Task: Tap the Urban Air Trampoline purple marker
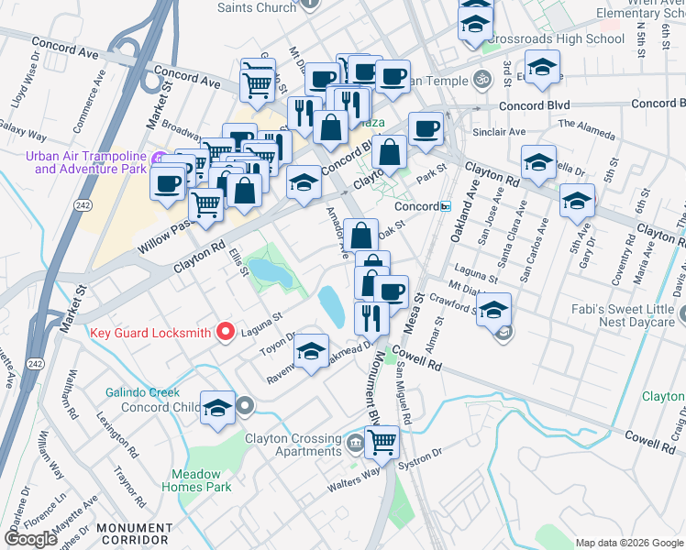tap(157, 158)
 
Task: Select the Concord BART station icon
tap(446, 206)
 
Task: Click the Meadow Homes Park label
tap(202, 480)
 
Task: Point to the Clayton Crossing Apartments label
tap(293, 445)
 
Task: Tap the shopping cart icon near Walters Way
tap(382, 442)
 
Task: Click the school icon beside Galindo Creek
tap(218, 410)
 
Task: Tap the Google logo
tap(30, 539)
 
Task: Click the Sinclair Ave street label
tap(499, 132)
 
